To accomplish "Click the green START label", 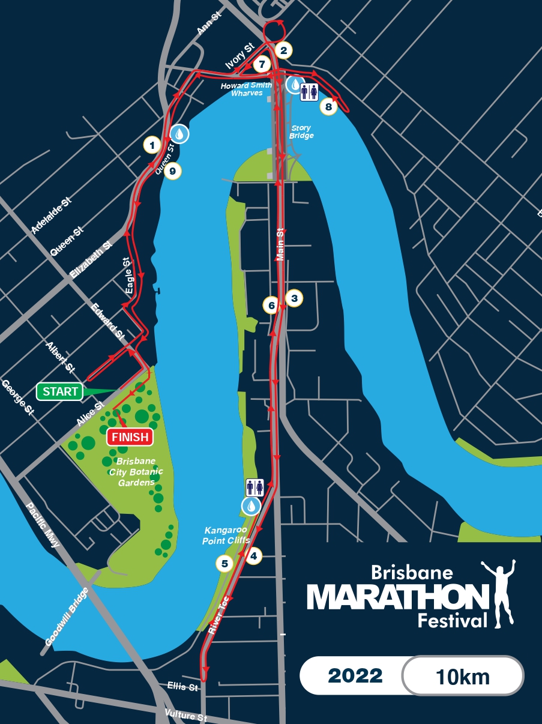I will (60, 392).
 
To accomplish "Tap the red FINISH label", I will (129, 437).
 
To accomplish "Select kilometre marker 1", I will (152, 145).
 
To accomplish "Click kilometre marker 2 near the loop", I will (284, 50).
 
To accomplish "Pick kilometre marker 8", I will (328, 107).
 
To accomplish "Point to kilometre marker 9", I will (172, 172).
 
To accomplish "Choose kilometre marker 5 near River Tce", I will (224, 564).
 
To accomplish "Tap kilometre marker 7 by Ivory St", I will (261, 64).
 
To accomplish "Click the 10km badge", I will (462, 677).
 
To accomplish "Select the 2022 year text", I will (355, 676).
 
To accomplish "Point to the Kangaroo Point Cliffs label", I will (227, 535).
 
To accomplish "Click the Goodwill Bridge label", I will (67, 617).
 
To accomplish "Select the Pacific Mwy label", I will (43, 525).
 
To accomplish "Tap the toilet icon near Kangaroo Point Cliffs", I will (254, 487).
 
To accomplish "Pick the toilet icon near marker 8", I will (309, 92).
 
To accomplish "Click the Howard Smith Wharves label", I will (247, 89).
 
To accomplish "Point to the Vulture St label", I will (186, 716).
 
